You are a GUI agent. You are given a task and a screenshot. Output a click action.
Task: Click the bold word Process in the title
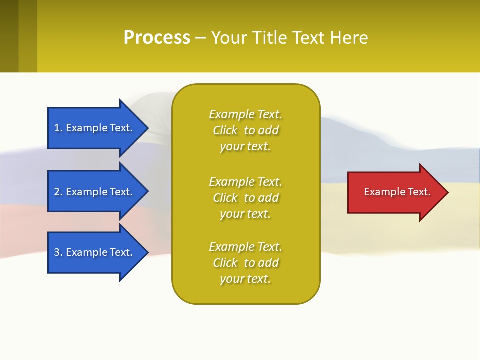(157, 38)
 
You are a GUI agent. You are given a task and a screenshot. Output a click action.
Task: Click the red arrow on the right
(395, 192)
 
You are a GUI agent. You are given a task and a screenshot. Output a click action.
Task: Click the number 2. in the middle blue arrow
(58, 192)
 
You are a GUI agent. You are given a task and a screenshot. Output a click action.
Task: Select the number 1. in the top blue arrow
(58, 128)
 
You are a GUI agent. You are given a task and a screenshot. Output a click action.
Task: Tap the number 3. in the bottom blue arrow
(58, 252)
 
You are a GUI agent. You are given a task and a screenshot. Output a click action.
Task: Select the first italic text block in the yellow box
(245, 130)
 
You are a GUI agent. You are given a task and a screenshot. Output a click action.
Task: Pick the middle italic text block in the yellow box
(245, 198)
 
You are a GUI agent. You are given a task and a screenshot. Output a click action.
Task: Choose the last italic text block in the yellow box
(245, 263)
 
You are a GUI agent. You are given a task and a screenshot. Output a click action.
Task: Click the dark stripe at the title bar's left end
(9, 36)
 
